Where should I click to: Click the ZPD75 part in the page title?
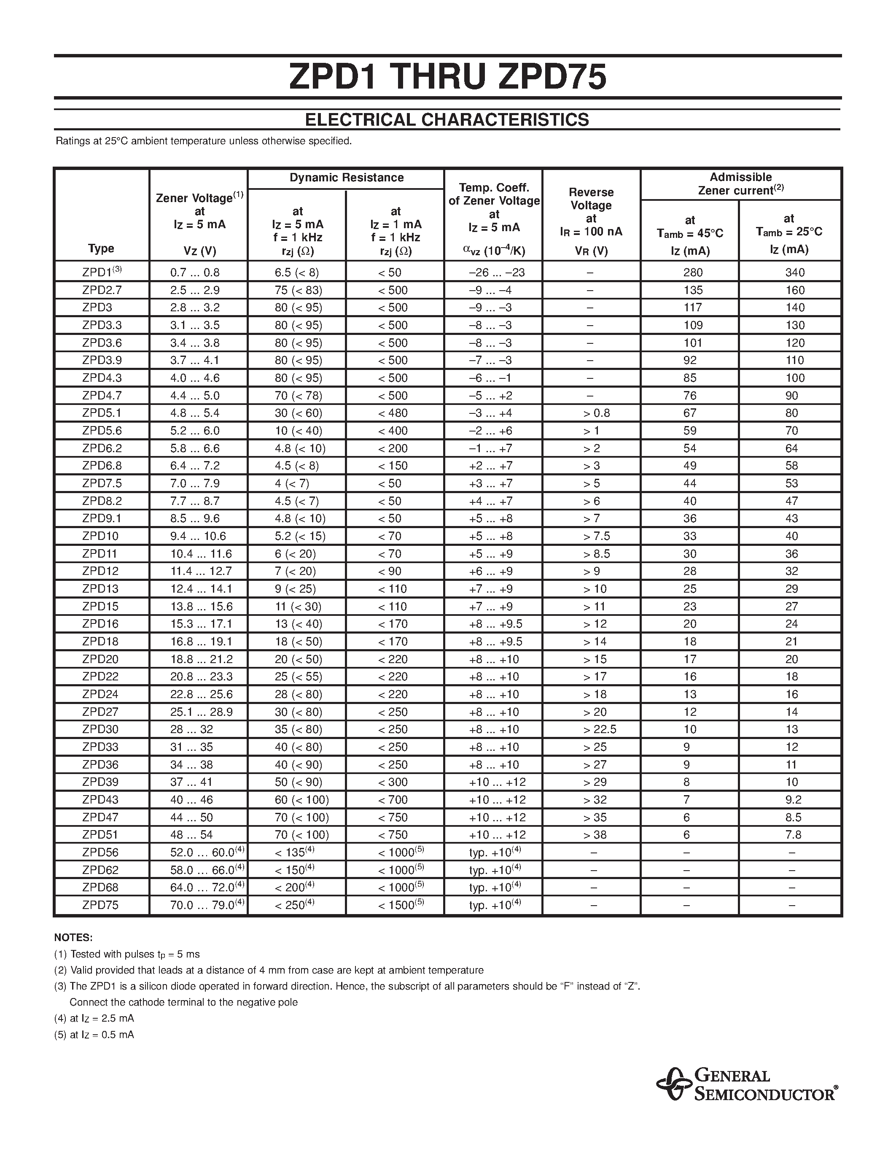click(552, 77)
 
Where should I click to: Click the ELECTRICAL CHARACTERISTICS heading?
click(447, 119)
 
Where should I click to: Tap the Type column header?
click(101, 248)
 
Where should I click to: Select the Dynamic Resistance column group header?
click(346, 178)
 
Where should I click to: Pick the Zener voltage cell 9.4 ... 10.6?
click(198, 536)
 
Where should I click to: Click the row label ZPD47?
click(100, 817)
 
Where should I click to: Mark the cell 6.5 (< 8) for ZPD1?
click(297, 272)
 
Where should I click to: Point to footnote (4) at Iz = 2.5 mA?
click(94, 1018)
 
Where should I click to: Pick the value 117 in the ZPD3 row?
click(693, 308)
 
